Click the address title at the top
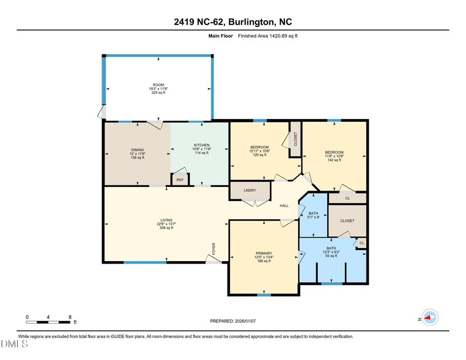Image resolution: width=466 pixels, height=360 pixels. click(232, 22)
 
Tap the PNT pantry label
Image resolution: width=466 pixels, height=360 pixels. click(180, 180)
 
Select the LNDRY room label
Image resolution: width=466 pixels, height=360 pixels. click(250, 191)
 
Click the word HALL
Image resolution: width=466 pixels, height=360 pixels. click(284, 206)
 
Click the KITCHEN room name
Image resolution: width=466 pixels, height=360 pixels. click(201, 145)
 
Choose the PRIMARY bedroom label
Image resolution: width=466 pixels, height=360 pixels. click(263, 253)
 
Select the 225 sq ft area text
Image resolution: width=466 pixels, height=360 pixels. click(158, 92)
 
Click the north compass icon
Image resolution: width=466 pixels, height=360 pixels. click(429, 318)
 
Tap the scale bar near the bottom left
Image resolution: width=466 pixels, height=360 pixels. click(49, 322)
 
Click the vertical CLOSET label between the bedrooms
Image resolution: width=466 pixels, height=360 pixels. click(296, 139)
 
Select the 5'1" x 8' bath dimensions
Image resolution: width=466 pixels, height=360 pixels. click(314, 217)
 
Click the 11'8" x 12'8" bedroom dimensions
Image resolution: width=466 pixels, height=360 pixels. click(334, 156)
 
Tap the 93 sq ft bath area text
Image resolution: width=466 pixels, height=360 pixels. click(332, 255)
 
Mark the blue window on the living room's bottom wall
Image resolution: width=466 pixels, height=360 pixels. click(145, 263)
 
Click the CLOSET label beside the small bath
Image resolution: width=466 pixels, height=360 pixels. click(347, 221)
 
